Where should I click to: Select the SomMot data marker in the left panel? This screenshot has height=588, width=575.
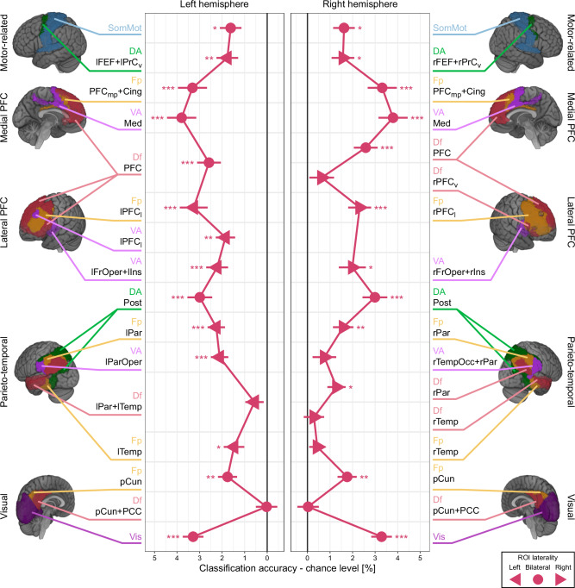230,29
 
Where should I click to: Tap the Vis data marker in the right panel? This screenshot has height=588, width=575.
382,537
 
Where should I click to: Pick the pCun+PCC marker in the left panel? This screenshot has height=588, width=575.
267,507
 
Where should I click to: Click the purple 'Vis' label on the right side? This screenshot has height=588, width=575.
439,536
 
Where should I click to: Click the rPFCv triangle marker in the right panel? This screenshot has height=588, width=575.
322,178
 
